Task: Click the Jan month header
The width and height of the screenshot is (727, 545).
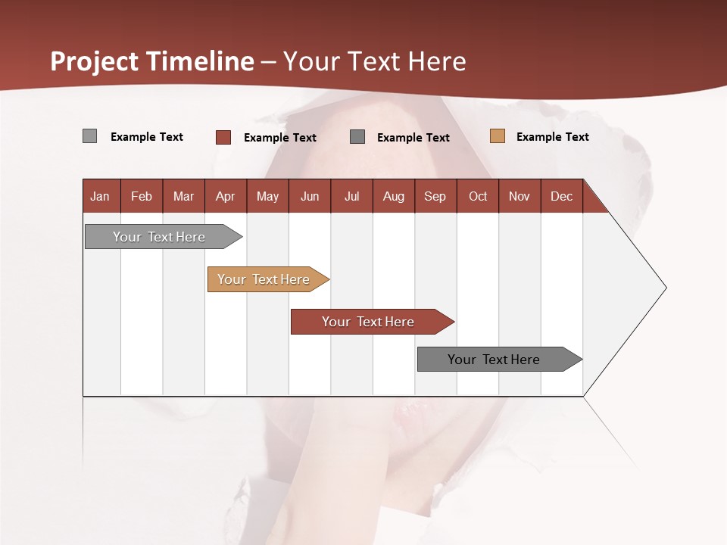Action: pos(100,197)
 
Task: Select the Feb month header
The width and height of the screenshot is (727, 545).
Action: pos(142,197)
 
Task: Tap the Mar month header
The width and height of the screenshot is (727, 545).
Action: pos(183,197)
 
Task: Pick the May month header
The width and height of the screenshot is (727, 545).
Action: pos(267,197)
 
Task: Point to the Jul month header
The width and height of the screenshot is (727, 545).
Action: pos(351,197)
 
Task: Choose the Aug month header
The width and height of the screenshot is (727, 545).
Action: pos(393,197)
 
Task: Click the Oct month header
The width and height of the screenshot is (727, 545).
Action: pos(478,197)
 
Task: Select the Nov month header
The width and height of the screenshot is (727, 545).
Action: pos(520,197)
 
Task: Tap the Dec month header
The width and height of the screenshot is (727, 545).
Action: pos(561,197)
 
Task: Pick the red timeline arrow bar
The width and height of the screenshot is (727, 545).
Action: pos(369,322)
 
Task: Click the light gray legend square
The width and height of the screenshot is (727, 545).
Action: pos(89,136)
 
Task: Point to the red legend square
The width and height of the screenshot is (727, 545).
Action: pos(223,137)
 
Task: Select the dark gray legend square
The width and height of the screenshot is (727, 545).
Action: pos(357,137)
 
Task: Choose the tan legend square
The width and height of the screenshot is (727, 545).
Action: pos(497,136)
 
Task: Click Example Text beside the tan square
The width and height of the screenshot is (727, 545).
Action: pos(552,137)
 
